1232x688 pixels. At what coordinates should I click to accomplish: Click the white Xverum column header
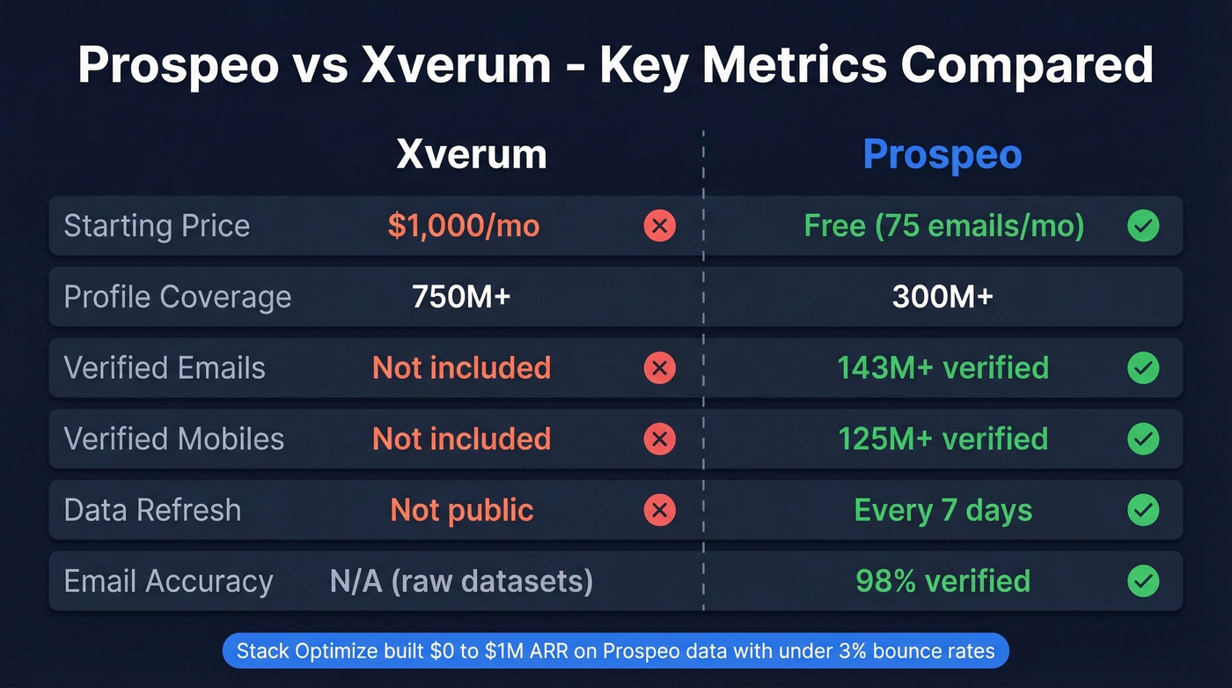pyautogui.click(x=472, y=155)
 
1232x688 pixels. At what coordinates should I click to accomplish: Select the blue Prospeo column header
pyautogui.click(x=942, y=155)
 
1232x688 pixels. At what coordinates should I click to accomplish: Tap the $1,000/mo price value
pyautogui.click(x=463, y=226)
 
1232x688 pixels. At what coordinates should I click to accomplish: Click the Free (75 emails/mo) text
pyautogui.click(x=943, y=226)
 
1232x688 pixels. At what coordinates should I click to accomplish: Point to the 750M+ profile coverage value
pyautogui.click(x=461, y=297)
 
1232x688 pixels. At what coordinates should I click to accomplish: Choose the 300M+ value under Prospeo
pyautogui.click(x=942, y=297)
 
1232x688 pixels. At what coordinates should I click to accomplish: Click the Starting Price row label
pyautogui.click(x=157, y=226)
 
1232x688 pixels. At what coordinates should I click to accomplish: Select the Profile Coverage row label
pyautogui.click(x=177, y=297)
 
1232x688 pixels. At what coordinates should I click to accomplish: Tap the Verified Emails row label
pyautogui.click(x=165, y=368)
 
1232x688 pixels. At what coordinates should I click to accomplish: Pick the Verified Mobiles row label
pyautogui.click(x=174, y=439)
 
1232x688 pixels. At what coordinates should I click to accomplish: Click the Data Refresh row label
pyautogui.click(x=152, y=510)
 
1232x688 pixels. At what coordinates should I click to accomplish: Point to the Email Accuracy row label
pyautogui.click(x=168, y=581)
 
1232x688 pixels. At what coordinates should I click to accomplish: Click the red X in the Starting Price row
pyautogui.click(x=659, y=226)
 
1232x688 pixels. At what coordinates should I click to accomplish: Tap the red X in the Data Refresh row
pyautogui.click(x=659, y=510)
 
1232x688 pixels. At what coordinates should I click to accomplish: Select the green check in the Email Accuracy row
pyautogui.click(x=1143, y=581)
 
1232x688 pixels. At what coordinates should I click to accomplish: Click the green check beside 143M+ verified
pyautogui.click(x=1143, y=368)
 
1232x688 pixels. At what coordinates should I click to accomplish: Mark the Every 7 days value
pyautogui.click(x=943, y=510)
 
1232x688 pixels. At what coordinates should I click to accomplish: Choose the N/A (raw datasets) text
pyautogui.click(x=461, y=581)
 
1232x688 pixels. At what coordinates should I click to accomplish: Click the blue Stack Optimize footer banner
pyautogui.click(x=615, y=651)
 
